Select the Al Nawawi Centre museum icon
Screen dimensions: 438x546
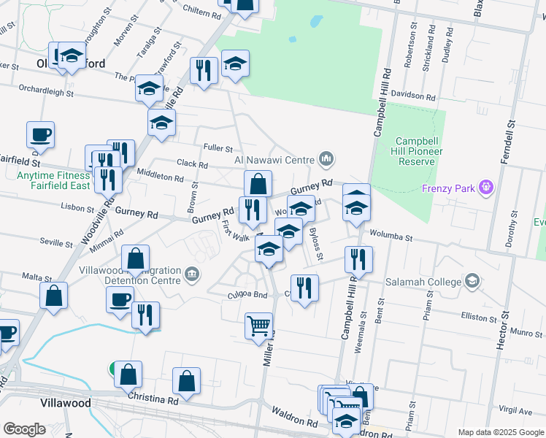coord(326,158)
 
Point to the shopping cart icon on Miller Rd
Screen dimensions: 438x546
coord(259,326)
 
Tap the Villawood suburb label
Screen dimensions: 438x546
coord(66,403)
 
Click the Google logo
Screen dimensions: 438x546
coord(24,429)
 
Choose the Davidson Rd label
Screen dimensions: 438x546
coord(412,96)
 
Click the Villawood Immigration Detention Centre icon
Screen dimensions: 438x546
coord(192,274)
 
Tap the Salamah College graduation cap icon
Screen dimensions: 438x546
coord(472,281)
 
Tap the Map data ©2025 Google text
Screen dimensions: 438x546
coord(500,432)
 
